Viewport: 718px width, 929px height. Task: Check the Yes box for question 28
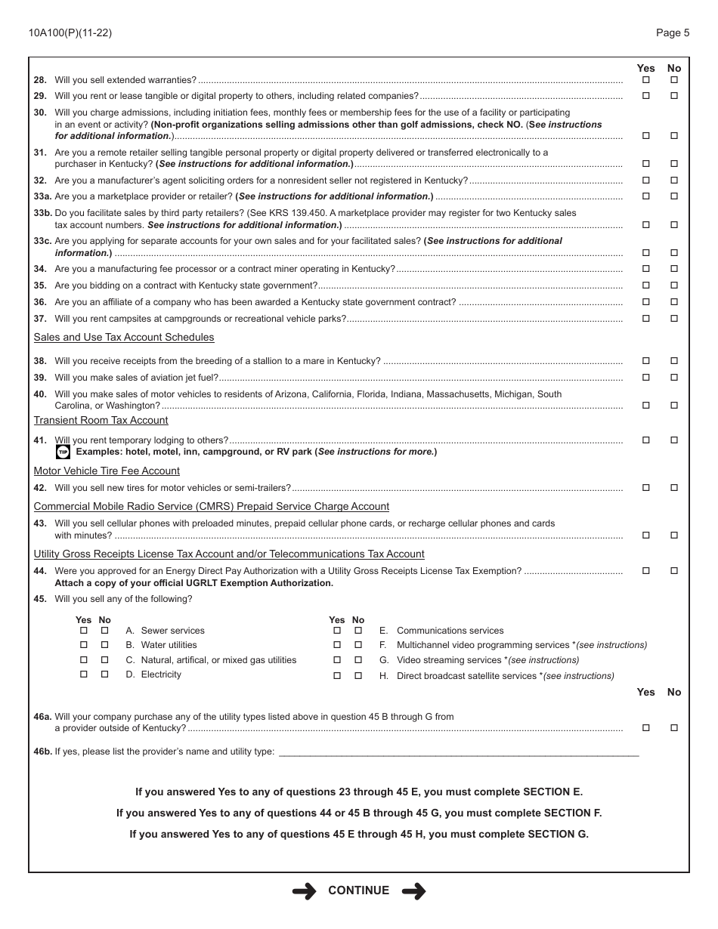pyautogui.click(x=645, y=80)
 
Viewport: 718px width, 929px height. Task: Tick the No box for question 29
pyautogui.click(x=674, y=96)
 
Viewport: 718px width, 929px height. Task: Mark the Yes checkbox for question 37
pyautogui.click(x=645, y=319)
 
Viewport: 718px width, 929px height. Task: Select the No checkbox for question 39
pyautogui.click(x=674, y=378)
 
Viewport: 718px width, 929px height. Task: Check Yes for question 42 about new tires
pyautogui.click(x=645, y=488)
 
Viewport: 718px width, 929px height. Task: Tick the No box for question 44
pyautogui.click(x=674, y=571)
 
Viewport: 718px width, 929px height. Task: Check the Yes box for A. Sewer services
pyautogui.click(x=84, y=631)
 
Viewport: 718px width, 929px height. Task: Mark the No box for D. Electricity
pyautogui.click(x=105, y=675)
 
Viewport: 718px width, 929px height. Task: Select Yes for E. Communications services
pyautogui.click(x=337, y=631)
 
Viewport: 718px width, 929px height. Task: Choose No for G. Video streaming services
pyautogui.click(x=358, y=660)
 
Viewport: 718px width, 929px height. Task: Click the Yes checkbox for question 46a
pyautogui.click(x=645, y=728)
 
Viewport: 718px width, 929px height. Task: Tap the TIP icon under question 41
pyautogui.click(x=63, y=452)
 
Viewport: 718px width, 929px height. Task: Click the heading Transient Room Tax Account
pyautogui.click(x=101, y=421)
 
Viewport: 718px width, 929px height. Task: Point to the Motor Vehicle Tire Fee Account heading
pyautogui.click(x=107, y=471)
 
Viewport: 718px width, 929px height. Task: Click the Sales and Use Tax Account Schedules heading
pyautogui.click(x=124, y=338)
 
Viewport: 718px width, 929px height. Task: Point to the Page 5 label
pyautogui.click(x=673, y=32)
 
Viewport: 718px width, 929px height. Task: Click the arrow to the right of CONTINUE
pyautogui.click(x=413, y=891)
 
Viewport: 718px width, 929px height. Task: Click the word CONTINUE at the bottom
pyautogui.click(x=359, y=891)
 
